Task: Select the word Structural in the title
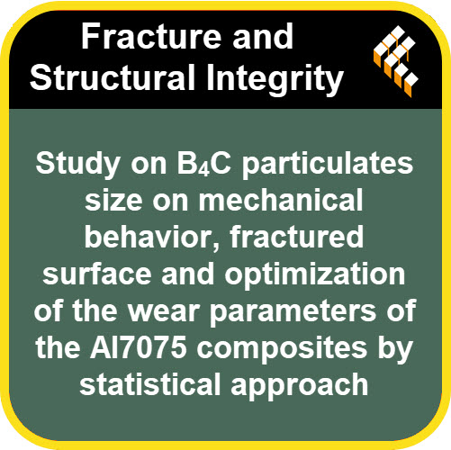[113, 76]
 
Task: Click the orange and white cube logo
[396, 61]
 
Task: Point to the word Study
[77, 165]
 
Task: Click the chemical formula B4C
[204, 164]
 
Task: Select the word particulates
[328, 165]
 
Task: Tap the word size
[113, 201]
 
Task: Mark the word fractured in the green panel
[296, 236]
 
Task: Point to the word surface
[97, 274]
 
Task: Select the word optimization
[315, 275]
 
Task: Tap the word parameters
[293, 313]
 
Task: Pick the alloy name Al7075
[139, 348]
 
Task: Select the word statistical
[150, 385]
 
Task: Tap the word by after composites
[395, 350]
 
